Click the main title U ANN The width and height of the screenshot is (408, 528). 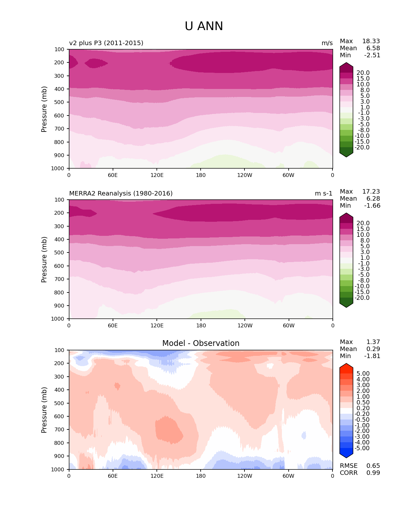click(x=204, y=26)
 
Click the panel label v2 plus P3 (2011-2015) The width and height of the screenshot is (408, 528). click(x=106, y=43)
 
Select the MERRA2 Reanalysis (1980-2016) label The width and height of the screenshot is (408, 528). click(x=121, y=194)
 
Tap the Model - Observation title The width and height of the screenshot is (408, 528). click(x=201, y=343)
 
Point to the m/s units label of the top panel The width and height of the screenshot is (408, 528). click(x=327, y=43)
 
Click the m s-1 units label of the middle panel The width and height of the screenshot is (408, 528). click(x=324, y=194)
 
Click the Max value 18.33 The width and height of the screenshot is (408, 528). click(x=371, y=41)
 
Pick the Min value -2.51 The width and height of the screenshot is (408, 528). click(x=372, y=55)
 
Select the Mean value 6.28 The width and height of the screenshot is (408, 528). click(x=373, y=199)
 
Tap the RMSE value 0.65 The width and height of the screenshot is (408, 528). click(x=373, y=466)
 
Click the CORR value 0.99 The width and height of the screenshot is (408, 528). click(x=373, y=473)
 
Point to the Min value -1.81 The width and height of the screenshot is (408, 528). click(x=372, y=356)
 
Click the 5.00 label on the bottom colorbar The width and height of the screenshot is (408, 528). click(x=363, y=374)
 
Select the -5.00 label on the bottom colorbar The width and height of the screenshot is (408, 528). click(x=362, y=448)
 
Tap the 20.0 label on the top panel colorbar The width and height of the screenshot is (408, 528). click(x=363, y=73)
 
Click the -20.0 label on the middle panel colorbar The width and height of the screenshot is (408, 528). click(x=362, y=298)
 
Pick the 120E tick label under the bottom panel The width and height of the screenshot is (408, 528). click(x=157, y=476)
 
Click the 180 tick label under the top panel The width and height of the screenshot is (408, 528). click(x=201, y=175)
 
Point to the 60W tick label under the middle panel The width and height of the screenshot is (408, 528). click(x=288, y=326)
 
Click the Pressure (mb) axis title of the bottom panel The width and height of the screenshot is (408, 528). click(x=44, y=410)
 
